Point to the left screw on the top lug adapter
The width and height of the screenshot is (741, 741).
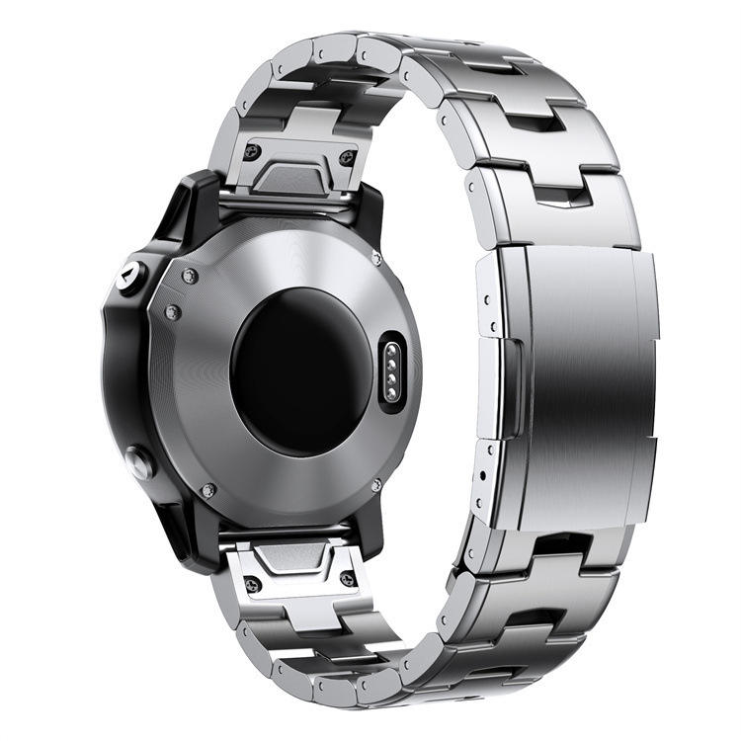252,151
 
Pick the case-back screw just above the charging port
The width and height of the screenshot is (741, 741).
376,259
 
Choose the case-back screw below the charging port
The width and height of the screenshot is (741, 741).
376,484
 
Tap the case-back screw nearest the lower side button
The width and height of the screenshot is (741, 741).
206,490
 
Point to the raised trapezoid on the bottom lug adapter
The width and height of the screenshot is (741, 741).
296,560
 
